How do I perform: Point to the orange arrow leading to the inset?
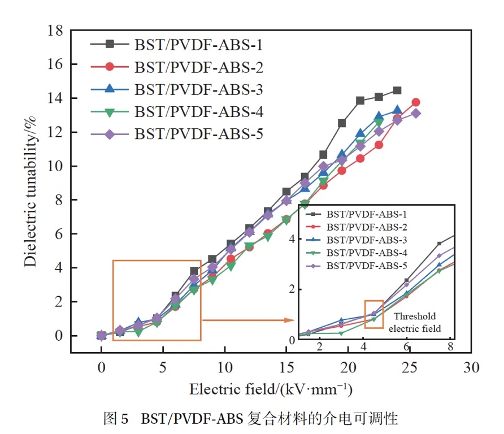(249, 320)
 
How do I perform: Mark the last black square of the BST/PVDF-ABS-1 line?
(397, 90)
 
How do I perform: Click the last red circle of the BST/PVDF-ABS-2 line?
(416, 102)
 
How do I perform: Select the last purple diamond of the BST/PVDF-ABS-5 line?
(416, 113)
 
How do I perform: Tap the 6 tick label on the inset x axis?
(407, 346)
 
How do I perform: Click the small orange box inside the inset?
(374, 314)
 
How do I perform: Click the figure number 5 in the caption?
(125, 419)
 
